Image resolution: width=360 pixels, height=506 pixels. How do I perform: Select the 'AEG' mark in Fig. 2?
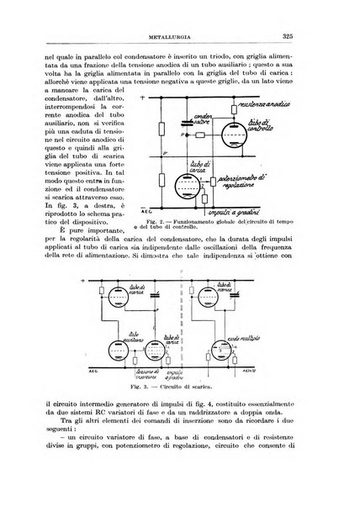167,213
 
